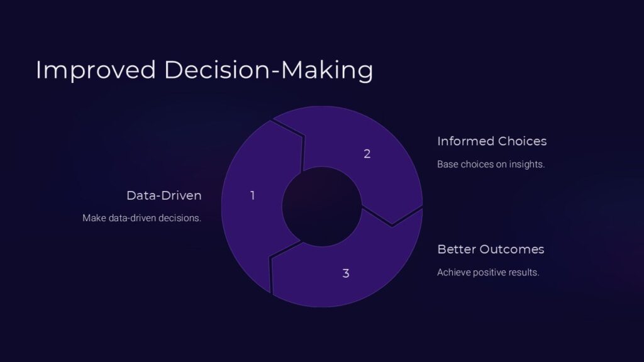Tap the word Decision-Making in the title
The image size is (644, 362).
pos(269,70)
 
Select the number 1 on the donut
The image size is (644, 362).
pos(252,195)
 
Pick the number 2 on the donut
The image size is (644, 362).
pos(367,153)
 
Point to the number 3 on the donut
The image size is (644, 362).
pos(346,273)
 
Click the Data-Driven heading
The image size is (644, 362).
pos(164,195)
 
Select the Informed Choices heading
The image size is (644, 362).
pos(492,141)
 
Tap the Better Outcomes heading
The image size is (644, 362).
pos(491,250)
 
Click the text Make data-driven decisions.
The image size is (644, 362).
pos(142,219)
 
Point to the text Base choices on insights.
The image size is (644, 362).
pos(491,165)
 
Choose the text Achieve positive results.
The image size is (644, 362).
pos(488,273)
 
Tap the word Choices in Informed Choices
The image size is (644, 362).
pos(522,141)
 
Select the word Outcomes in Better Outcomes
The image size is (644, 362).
pos(512,250)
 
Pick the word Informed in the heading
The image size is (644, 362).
pos(465,141)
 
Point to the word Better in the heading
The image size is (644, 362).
pos(457,250)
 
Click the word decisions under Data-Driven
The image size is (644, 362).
pos(182,219)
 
